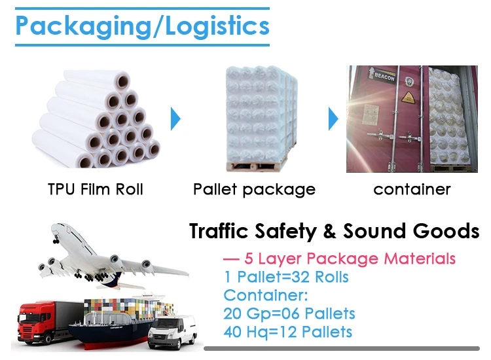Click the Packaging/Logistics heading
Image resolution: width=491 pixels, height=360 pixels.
(141, 26)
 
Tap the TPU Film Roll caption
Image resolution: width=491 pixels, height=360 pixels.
(96, 190)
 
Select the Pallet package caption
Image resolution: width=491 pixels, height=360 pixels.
(254, 190)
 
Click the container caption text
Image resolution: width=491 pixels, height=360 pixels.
(412, 190)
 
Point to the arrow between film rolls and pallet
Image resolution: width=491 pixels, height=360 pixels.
(175, 119)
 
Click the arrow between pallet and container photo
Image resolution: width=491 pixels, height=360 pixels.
(333, 119)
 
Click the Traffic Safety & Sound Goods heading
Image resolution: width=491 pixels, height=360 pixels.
(334, 231)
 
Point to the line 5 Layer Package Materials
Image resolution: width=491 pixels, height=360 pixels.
(340, 258)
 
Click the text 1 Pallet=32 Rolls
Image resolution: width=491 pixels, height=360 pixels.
(286, 276)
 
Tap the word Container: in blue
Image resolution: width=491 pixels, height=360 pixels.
(265, 295)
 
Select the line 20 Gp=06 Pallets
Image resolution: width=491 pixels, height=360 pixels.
(289, 313)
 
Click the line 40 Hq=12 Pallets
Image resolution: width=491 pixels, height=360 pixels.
(288, 332)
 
